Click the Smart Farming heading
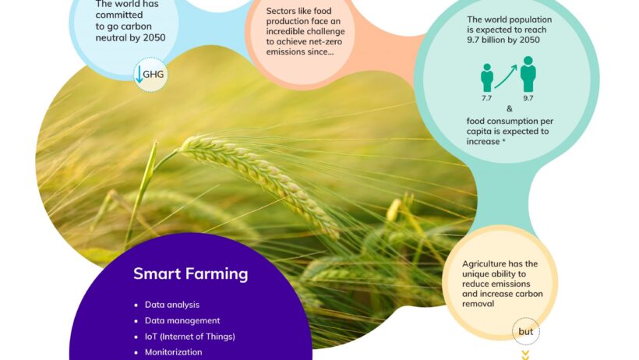pyautogui.click(x=191, y=274)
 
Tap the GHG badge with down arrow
pyautogui.click(x=150, y=75)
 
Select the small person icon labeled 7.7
pyautogui.click(x=487, y=78)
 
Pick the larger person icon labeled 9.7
pyautogui.click(x=528, y=74)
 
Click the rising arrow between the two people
pyautogui.click(x=506, y=76)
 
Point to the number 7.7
pyautogui.click(x=486, y=98)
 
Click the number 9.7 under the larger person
pyautogui.click(x=528, y=98)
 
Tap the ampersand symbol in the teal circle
pyautogui.click(x=510, y=109)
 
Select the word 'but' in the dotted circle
pyautogui.click(x=526, y=332)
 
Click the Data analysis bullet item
pyautogui.click(x=172, y=305)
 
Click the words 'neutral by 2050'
pyautogui.click(x=130, y=38)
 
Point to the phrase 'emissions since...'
pyautogui.click(x=300, y=51)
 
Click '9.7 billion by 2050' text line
pyautogui.click(x=503, y=40)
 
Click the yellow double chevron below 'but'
pyautogui.click(x=526, y=355)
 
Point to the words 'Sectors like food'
pyautogui.click(x=298, y=11)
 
